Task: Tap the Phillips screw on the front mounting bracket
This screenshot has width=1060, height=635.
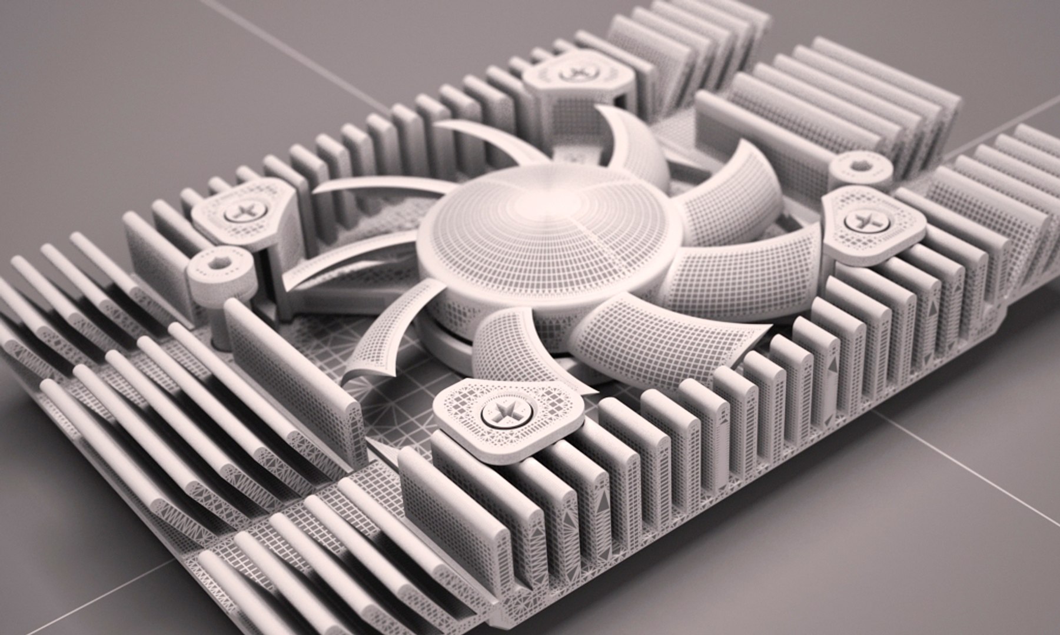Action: tap(502, 411)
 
